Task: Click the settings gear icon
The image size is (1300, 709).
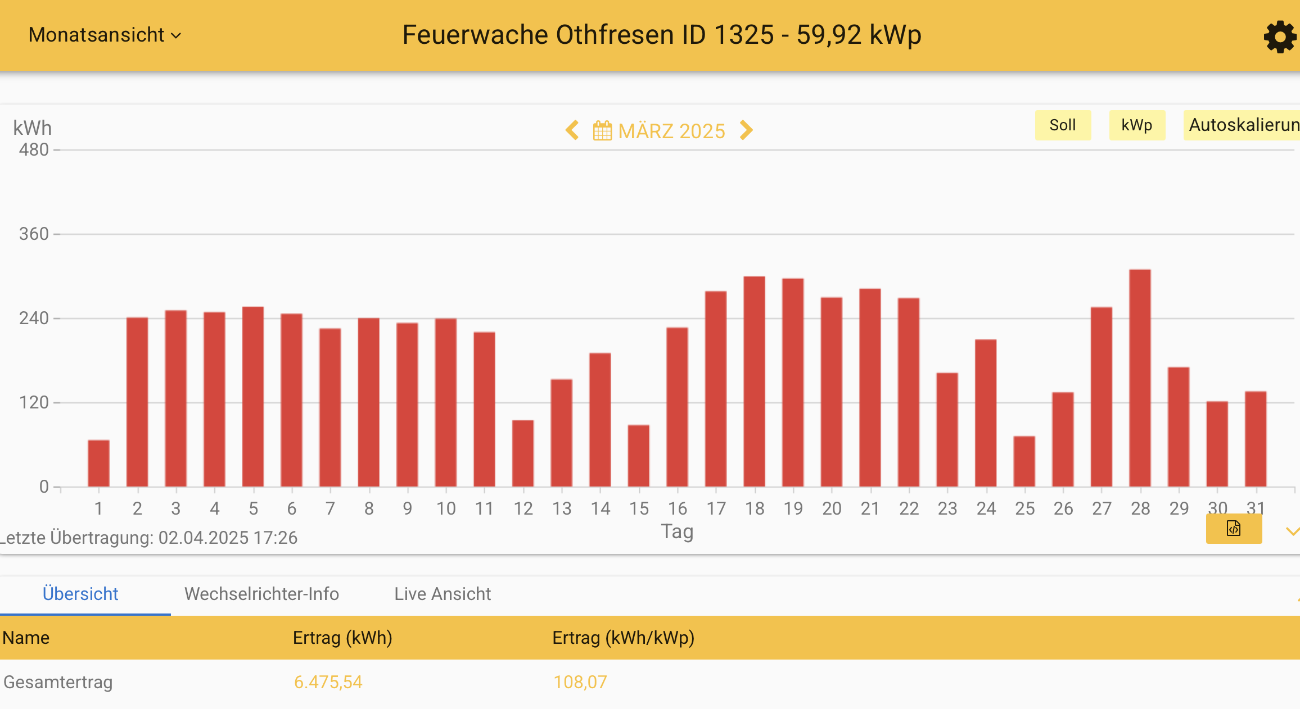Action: (x=1280, y=37)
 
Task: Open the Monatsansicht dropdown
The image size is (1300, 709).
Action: (x=105, y=35)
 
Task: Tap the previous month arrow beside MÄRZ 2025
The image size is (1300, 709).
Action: (x=572, y=130)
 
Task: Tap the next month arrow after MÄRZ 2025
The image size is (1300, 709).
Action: (x=746, y=130)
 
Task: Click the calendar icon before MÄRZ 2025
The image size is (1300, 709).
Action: (x=602, y=131)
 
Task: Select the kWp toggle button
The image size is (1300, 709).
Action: (x=1136, y=125)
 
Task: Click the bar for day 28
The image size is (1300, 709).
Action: (x=1140, y=378)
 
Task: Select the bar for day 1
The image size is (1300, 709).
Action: (x=99, y=463)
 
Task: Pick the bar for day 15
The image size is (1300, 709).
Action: (x=639, y=456)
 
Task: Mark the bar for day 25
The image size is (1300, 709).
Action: (x=1024, y=461)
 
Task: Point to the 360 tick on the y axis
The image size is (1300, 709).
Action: (x=34, y=234)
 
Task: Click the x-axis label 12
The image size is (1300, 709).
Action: (x=523, y=508)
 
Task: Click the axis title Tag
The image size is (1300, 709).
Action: (x=677, y=531)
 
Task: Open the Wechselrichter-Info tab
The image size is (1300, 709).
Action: (x=261, y=594)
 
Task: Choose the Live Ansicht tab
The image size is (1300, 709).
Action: (x=443, y=594)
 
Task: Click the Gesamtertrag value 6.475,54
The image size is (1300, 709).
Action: (x=328, y=682)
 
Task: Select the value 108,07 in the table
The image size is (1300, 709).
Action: (x=580, y=682)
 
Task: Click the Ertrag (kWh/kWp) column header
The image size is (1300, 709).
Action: (x=623, y=638)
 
